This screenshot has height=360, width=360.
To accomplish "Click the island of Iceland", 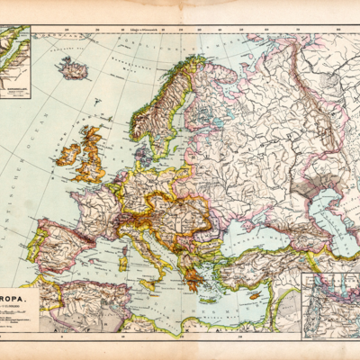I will coord(72,67).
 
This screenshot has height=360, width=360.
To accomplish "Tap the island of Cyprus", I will coord(256,294).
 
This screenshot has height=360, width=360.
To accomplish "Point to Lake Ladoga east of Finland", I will coord(209,122).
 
